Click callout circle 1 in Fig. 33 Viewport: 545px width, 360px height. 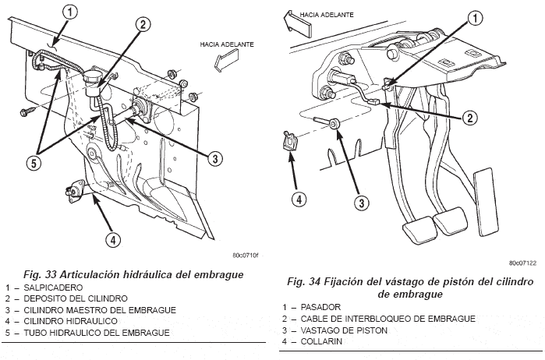(x=71, y=12)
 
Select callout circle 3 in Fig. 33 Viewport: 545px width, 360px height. (x=215, y=158)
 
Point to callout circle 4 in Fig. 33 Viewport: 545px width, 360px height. (x=113, y=240)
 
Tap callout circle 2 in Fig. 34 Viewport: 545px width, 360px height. (x=469, y=118)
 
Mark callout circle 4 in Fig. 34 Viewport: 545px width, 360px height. (x=297, y=198)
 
